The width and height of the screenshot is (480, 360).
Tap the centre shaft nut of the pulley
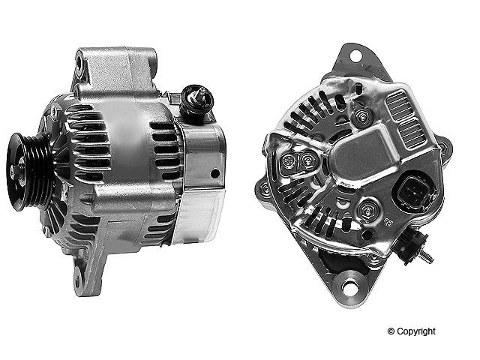point(14,172)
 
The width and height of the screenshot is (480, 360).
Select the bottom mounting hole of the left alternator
point(77,279)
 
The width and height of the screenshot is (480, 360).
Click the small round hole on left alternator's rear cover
point(215,173)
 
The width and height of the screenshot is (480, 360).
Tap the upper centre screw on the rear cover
point(363,115)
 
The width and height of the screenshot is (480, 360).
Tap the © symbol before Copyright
point(391,331)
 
